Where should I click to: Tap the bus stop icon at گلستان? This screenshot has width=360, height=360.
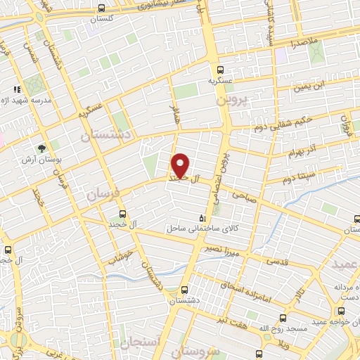102,8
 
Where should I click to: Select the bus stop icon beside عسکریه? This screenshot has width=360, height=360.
220,70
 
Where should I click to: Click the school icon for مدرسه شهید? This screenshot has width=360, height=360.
17,89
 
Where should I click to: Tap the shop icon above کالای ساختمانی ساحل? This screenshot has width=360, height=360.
203,217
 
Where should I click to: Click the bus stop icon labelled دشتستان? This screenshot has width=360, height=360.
184,289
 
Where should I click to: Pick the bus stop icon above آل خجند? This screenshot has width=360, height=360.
122,214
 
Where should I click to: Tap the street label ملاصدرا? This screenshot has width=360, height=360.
303,44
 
